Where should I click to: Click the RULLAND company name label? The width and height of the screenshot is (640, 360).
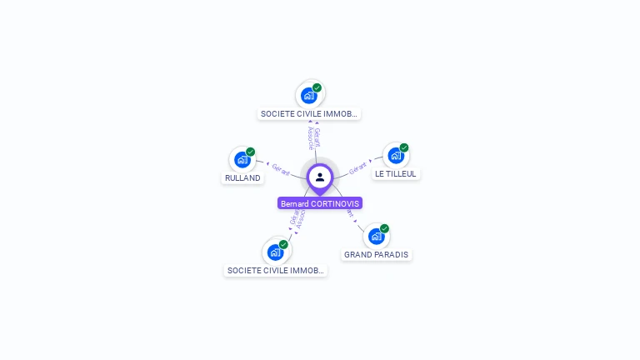click(x=242, y=178)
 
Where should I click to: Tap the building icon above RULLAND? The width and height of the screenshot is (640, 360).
click(x=242, y=159)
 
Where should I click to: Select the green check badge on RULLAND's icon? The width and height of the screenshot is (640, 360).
click(x=250, y=152)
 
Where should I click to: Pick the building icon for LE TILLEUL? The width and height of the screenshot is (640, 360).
click(x=396, y=155)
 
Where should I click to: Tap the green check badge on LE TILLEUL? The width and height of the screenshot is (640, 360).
click(x=404, y=147)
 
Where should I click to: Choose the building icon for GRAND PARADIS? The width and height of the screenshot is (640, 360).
click(x=376, y=236)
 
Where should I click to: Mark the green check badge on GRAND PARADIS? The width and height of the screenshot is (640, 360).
click(x=384, y=228)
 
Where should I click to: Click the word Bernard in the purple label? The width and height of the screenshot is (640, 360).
click(x=294, y=204)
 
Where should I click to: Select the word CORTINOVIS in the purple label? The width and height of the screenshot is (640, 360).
click(x=335, y=204)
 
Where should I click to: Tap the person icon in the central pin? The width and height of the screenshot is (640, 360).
click(x=320, y=177)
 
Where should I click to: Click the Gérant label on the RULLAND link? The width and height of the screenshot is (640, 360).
click(x=281, y=170)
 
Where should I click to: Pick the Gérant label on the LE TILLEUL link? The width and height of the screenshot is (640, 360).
click(x=358, y=167)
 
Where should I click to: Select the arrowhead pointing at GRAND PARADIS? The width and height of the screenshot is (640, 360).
click(x=356, y=221)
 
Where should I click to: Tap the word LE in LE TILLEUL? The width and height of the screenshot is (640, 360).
click(x=379, y=174)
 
